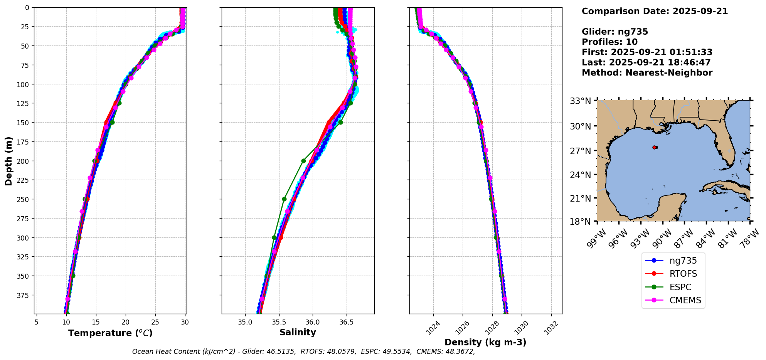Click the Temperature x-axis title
coord(110,333)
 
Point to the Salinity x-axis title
coord(298,333)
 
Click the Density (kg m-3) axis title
coord(485,342)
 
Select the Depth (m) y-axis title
coord(8,161)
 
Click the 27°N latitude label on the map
coord(581,151)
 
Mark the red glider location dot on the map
coord(655,147)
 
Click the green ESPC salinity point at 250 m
coord(284,199)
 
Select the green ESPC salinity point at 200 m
coord(303,161)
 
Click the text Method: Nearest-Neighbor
coord(647,73)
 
